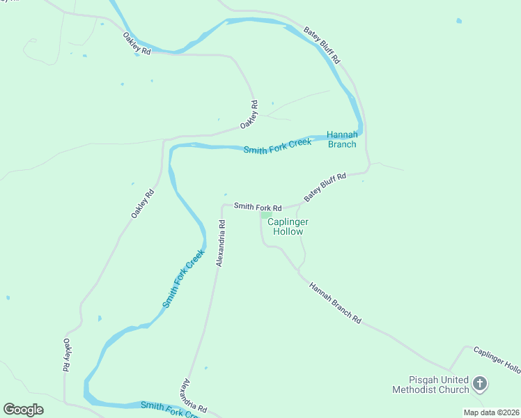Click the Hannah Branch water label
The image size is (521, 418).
(342, 139)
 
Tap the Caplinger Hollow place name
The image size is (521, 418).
(288, 226)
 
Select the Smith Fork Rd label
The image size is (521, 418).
(258, 207)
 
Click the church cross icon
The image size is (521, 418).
(479, 382)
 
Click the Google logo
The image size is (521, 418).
(24, 410)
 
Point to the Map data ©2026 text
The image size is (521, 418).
(490, 412)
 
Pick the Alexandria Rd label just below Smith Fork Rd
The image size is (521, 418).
(221, 243)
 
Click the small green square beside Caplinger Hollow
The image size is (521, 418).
(264, 215)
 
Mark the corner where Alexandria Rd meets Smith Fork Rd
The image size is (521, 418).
(223, 206)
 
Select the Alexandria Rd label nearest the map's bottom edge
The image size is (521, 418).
(194, 395)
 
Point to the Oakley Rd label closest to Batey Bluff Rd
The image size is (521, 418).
(249, 114)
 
